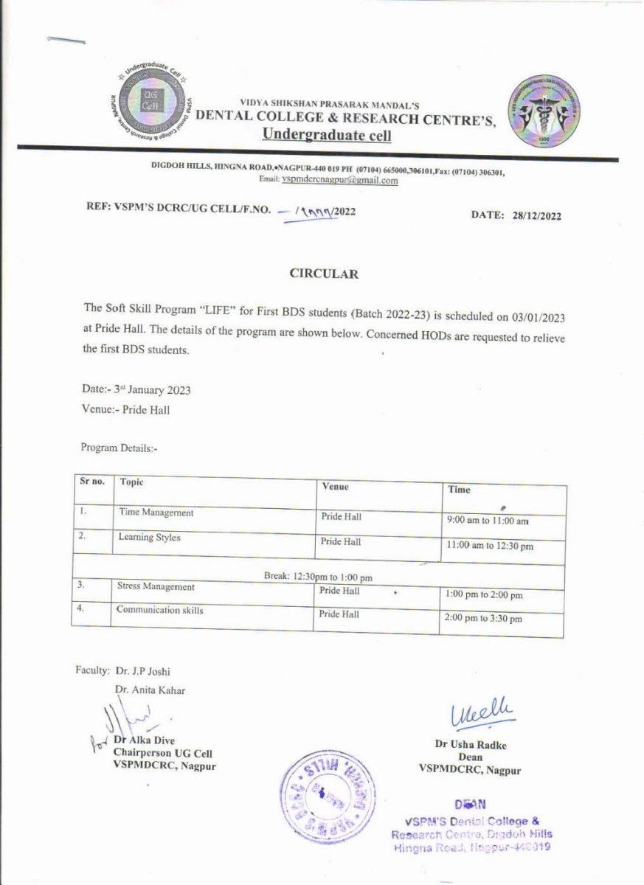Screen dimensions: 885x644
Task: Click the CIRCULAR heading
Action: coord(323,274)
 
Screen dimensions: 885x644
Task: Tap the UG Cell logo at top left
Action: coord(150,101)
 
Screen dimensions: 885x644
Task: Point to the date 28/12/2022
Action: coord(536,216)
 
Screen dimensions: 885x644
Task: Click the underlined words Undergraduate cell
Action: coord(328,135)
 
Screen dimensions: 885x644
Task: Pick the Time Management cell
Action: coord(156,513)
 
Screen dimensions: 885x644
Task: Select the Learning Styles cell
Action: coord(149,538)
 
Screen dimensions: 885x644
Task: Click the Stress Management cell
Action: coord(156,587)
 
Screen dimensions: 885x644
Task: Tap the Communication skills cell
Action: coord(159,610)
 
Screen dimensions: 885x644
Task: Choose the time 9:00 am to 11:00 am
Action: coord(488,521)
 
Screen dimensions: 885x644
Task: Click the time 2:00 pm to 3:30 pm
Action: coord(484,619)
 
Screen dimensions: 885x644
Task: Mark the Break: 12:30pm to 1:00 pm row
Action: coord(318,575)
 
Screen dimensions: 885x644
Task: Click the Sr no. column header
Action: coord(92,482)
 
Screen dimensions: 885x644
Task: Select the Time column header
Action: coord(458,489)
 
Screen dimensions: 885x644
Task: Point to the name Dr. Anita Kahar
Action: coord(150,690)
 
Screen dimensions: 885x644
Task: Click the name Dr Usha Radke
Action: coord(471,745)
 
